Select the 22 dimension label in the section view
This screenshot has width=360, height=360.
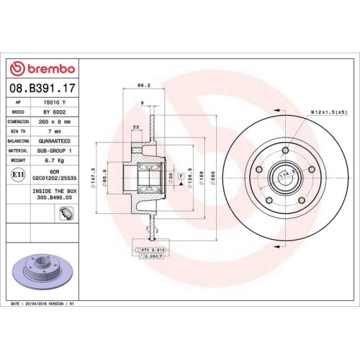[x=135, y=128]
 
